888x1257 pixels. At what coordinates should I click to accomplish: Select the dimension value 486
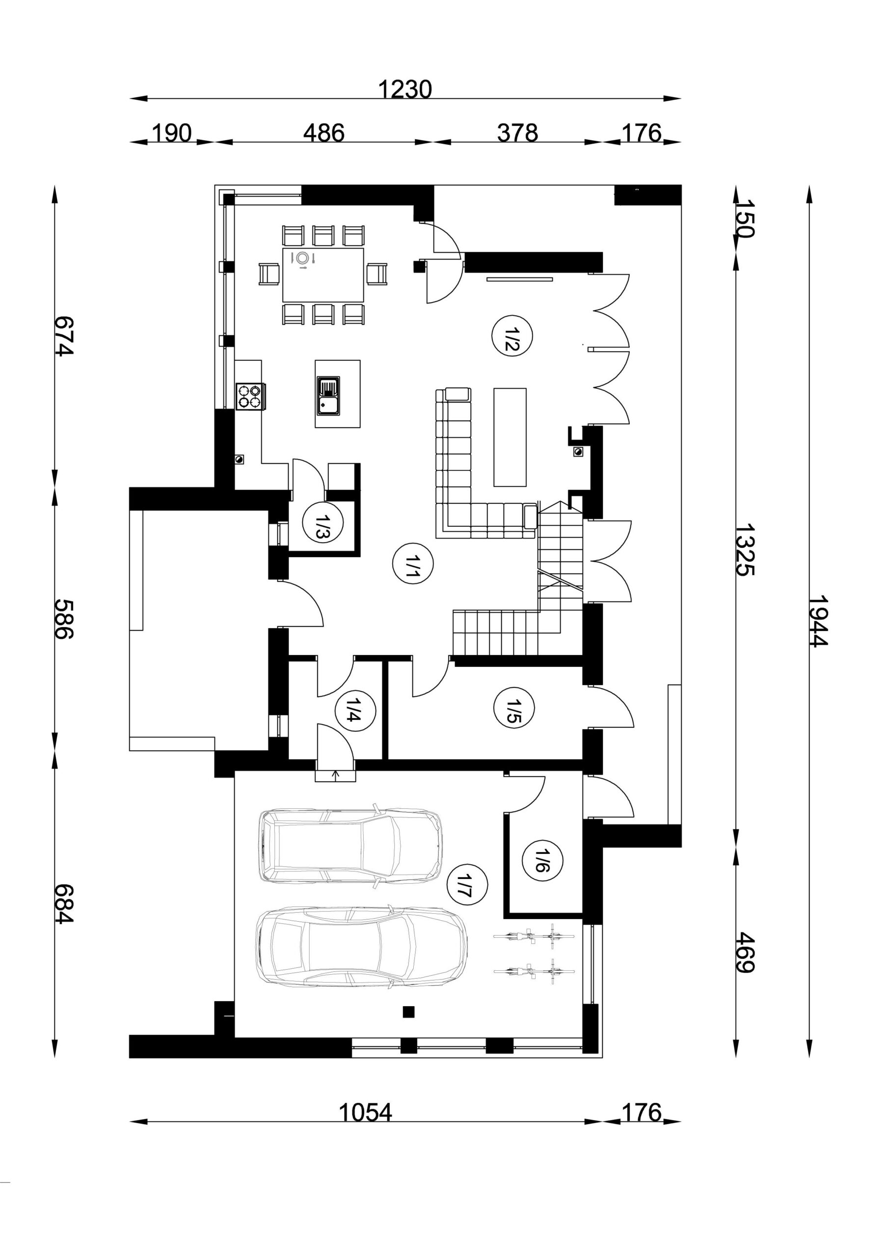point(323,133)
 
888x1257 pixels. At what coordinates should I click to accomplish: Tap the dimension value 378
point(517,133)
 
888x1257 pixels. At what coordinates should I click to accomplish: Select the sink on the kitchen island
point(328,395)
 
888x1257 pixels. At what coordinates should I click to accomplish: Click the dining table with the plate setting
point(323,275)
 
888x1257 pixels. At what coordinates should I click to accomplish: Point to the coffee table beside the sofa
point(510,437)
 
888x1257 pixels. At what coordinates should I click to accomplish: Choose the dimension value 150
point(745,218)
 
